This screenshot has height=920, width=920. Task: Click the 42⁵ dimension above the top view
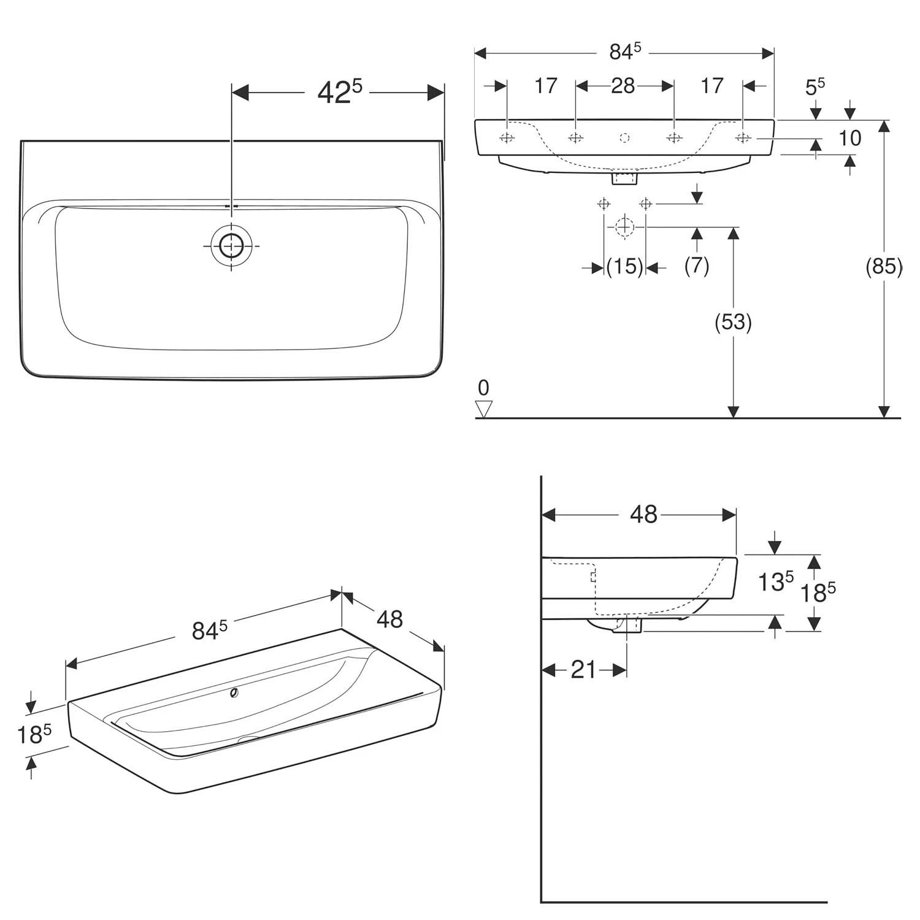point(340,92)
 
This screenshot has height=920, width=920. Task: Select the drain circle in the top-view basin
point(231,246)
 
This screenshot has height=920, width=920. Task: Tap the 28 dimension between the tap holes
point(623,86)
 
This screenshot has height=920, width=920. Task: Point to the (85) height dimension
point(884,267)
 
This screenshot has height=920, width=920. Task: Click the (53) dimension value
point(734,321)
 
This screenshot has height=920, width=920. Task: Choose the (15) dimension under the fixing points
point(624,267)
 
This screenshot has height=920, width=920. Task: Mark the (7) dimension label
point(697,266)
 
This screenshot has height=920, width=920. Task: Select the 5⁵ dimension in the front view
point(815,86)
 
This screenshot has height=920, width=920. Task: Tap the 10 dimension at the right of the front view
point(850,138)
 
